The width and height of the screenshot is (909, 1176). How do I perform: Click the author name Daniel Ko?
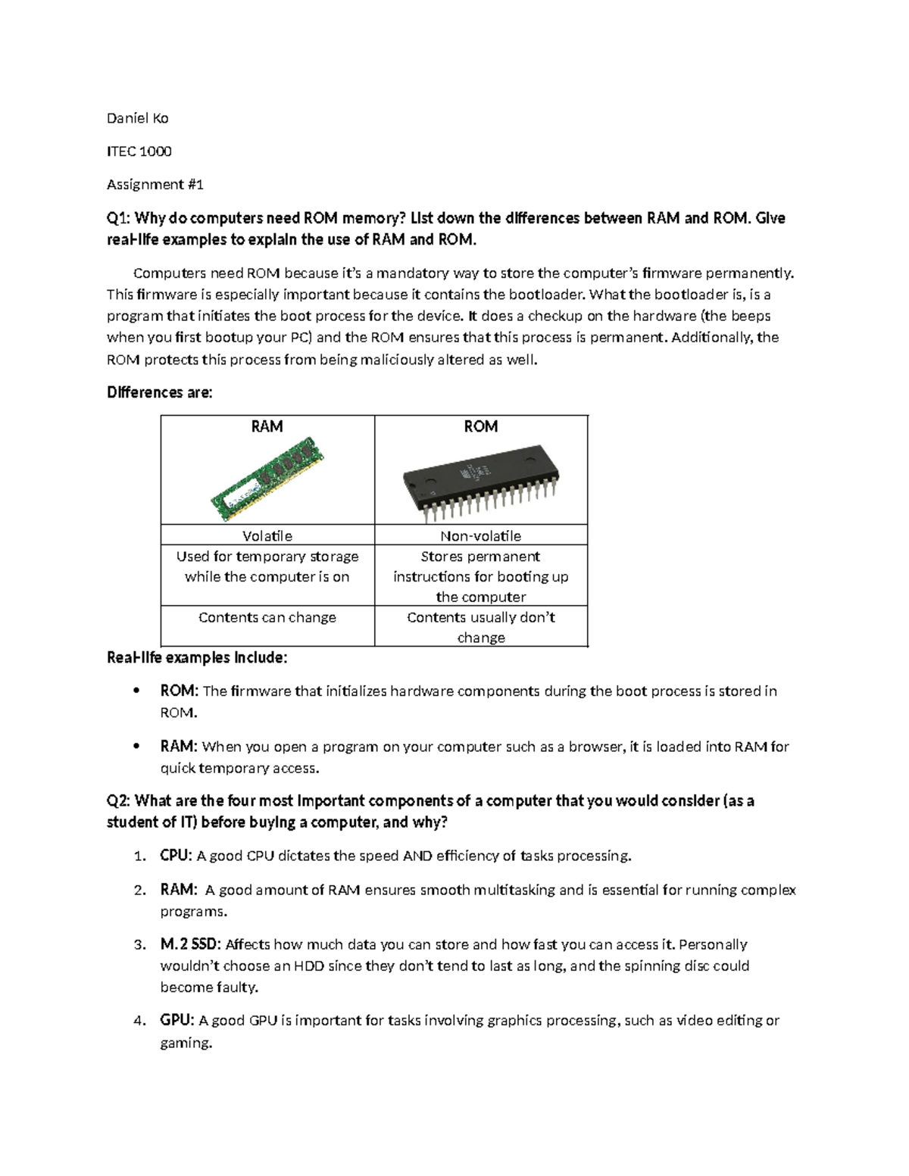(x=137, y=118)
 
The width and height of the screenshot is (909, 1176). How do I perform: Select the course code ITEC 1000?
(x=139, y=151)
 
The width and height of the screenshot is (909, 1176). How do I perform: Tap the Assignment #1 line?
(x=155, y=185)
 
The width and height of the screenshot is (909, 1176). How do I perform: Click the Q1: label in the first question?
(x=119, y=219)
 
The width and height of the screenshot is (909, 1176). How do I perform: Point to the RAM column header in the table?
(x=267, y=426)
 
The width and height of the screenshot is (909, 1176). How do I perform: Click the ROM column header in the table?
(x=480, y=426)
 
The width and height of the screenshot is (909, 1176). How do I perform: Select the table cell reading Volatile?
(x=267, y=536)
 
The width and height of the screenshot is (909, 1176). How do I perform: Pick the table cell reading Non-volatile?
(x=480, y=536)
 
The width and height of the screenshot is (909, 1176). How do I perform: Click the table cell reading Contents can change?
(x=267, y=617)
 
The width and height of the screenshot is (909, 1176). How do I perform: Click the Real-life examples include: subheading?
(x=197, y=657)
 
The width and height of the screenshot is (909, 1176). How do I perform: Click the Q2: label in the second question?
(x=119, y=801)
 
